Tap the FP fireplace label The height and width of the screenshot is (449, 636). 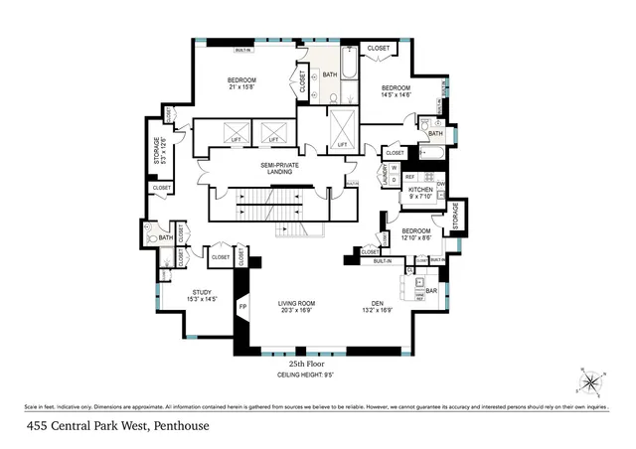tap(242, 307)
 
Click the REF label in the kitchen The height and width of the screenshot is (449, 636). tap(408, 177)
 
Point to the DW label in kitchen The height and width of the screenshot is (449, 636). tap(440, 184)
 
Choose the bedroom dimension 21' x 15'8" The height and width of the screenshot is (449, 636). tap(241, 86)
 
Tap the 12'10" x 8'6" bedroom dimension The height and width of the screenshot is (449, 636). tap(415, 237)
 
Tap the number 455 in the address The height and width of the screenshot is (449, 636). tap(38, 426)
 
